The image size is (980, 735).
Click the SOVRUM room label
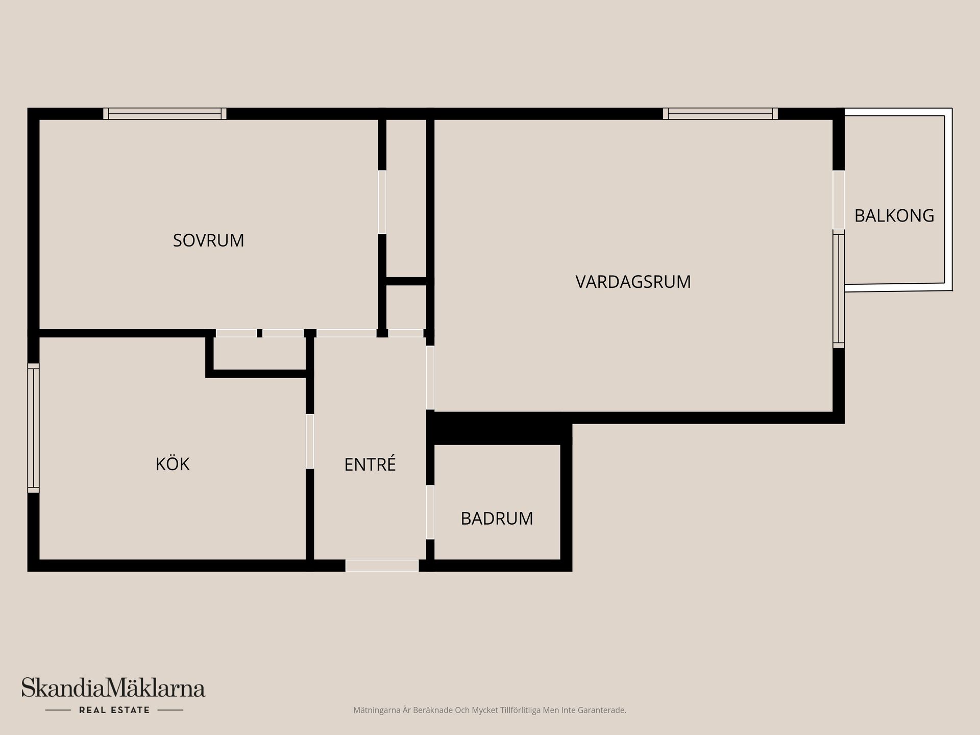(208, 240)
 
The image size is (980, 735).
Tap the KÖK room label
(173, 464)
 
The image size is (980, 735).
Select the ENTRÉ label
(370, 464)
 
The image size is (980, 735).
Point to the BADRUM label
(497, 519)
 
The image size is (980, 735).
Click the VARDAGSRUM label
(633, 282)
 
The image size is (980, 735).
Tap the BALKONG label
(894, 216)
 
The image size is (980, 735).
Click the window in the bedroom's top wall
(164, 113)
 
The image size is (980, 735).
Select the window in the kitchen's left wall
(33, 428)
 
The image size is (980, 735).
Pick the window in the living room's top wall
(720, 113)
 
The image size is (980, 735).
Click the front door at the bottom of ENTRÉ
(382, 566)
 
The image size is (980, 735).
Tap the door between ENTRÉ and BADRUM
(430, 512)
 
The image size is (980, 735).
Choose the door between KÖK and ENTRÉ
(310, 442)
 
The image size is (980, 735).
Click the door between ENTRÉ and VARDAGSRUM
(430, 378)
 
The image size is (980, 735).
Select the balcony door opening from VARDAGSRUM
(838, 200)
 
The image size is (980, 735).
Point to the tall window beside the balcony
(838, 289)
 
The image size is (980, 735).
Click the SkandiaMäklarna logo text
(113, 688)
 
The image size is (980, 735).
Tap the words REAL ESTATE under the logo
(114, 710)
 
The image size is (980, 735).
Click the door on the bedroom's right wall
(382, 202)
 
